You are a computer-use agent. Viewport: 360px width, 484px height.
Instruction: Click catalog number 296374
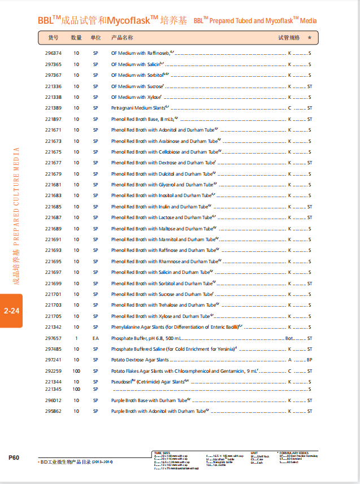tap(53, 53)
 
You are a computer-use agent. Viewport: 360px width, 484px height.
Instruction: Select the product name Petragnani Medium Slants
tap(139, 108)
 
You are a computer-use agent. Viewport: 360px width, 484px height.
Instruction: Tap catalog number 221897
tap(53, 119)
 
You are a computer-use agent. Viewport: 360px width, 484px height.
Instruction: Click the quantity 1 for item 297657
tap(76, 338)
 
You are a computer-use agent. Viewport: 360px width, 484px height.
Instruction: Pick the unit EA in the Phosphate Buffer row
tap(96, 338)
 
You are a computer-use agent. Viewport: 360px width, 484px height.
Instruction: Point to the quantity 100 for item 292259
tap(76, 371)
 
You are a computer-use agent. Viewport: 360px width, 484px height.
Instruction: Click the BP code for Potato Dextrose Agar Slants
tap(309, 360)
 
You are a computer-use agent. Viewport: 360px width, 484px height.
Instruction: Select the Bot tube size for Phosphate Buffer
tap(289, 338)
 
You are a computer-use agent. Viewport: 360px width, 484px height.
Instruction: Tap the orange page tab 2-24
tap(11, 311)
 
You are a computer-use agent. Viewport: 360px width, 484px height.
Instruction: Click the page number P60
tap(14, 457)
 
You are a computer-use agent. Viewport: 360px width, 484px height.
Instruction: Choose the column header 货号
tap(53, 38)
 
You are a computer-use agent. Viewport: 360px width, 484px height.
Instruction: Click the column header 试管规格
tap(289, 38)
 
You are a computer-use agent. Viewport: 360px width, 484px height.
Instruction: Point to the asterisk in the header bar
tap(310, 38)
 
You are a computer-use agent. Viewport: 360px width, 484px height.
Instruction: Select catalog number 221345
tap(53, 389)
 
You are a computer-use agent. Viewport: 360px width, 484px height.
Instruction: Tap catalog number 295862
tap(53, 412)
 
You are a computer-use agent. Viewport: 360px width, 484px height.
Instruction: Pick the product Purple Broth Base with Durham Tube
tap(144, 400)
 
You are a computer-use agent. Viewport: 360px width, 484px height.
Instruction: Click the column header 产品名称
tap(122, 38)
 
